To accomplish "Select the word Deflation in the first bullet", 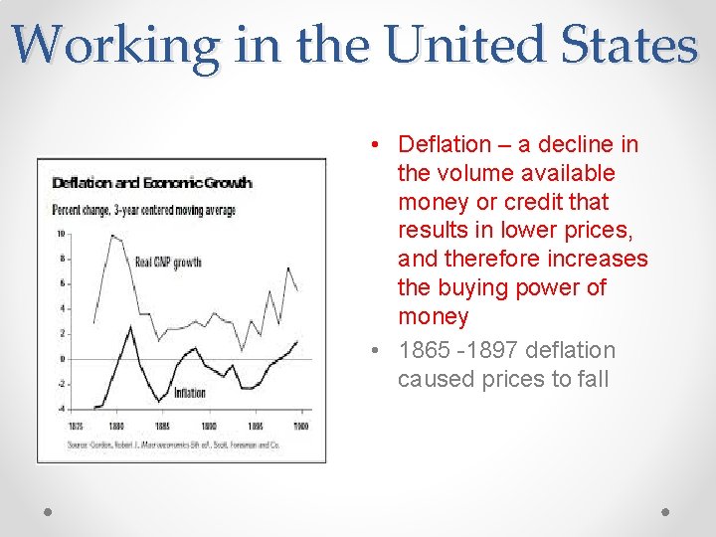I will pyautogui.click(x=445, y=144).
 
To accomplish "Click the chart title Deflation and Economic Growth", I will pyautogui.click(x=152, y=183).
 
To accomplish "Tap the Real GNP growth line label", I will pyautogui.click(x=167, y=263).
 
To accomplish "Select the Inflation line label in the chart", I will pyautogui.click(x=189, y=393).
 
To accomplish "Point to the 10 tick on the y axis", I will pyautogui.click(x=61, y=234).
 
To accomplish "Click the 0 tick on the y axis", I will pyautogui.click(x=62, y=359).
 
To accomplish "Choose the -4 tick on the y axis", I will pyautogui.click(x=61, y=409).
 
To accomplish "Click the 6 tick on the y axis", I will pyautogui.click(x=62, y=283).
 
